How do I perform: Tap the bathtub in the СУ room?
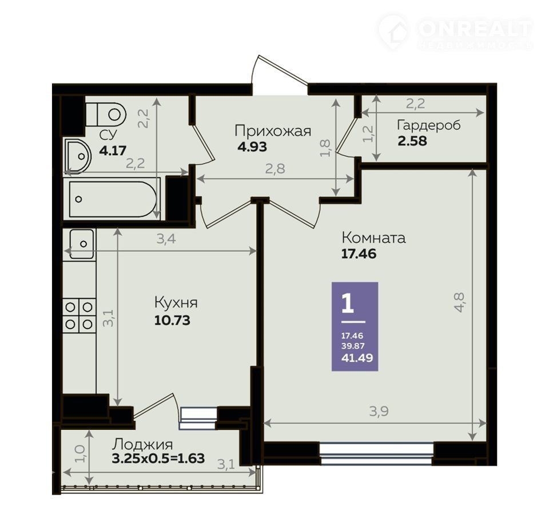(112, 199)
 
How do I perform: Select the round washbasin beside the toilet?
(78, 156)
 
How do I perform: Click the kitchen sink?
(82, 244)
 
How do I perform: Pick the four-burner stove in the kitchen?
(79, 315)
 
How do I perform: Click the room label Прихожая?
(273, 132)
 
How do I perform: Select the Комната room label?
(373, 238)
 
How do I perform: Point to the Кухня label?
(176, 303)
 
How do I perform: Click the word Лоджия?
(142, 445)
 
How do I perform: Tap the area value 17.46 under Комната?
(359, 254)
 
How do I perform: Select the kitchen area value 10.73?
(172, 320)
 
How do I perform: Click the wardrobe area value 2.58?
(412, 141)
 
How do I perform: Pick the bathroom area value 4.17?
(113, 151)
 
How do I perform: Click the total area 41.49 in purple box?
(357, 358)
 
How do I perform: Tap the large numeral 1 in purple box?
(348, 304)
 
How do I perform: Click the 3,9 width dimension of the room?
(379, 411)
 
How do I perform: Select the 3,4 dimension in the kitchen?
(166, 239)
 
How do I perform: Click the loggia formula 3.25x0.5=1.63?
(158, 458)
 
